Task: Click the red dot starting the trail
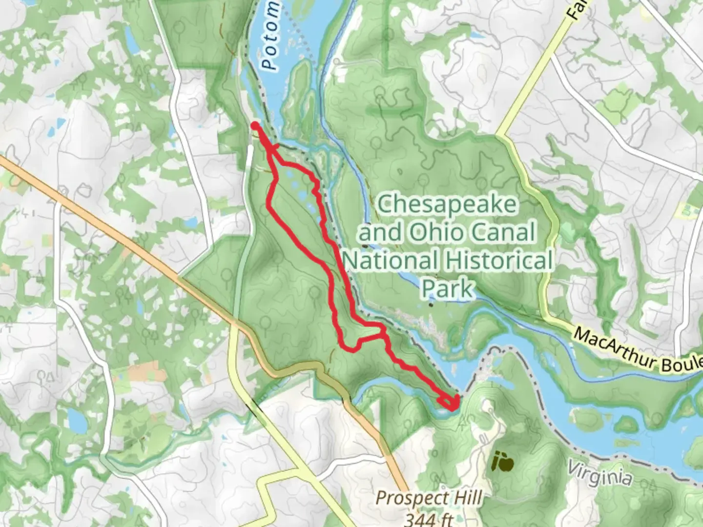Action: point(255,126)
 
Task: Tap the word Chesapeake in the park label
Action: point(447,204)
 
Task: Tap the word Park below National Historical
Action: point(447,288)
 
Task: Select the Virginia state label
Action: point(599,474)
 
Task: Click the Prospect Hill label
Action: point(429,499)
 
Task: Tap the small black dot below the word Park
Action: point(431,305)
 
